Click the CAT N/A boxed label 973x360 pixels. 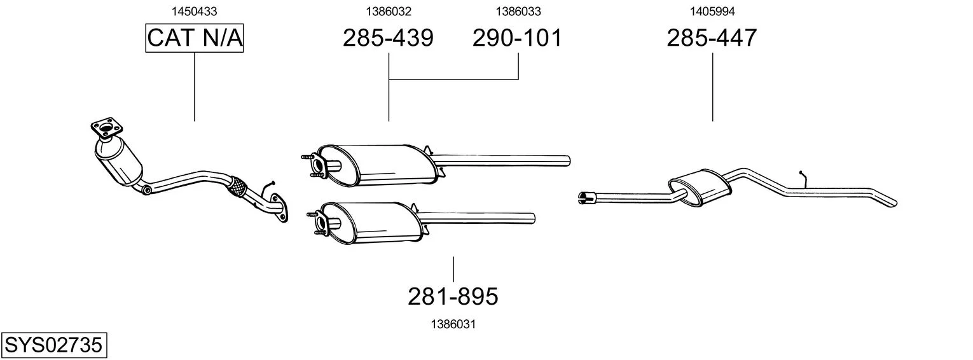click(x=194, y=38)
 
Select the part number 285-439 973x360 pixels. click(x=388, y=38)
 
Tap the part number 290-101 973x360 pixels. click(x=517, y=38)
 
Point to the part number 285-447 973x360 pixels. click(x=712, y=38)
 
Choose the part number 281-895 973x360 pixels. click(x=453, y=296)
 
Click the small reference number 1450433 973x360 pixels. click(x=194, y=11)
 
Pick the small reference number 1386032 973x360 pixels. click(x=389, y=11)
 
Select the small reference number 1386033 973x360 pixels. click(x=518, y=11)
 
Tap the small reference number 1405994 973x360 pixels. click(x=712, y=11)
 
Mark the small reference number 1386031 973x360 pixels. click(x=453, y=324)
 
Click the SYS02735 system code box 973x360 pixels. click(x=53, y=345)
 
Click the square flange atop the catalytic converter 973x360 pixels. click(x=107, y=128)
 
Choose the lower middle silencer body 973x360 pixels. click(x=371, y=223)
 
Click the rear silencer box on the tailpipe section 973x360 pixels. click(x=700, y=187)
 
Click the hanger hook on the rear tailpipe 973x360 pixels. click(x=803, y=179)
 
